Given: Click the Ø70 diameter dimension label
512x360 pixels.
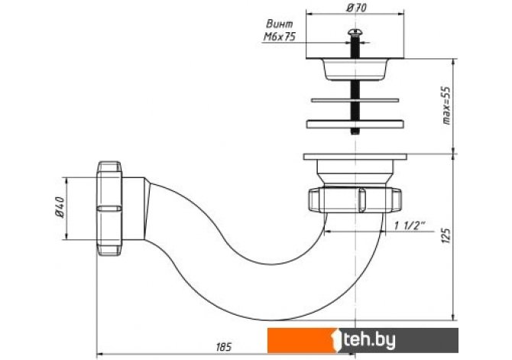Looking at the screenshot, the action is point(355,8).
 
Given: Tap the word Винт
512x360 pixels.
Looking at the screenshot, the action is point(280,24).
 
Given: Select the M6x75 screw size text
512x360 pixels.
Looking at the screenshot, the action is point(279,37).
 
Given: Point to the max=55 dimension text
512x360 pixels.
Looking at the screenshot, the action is point(446,105).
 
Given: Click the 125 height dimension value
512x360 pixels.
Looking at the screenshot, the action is point(446,235).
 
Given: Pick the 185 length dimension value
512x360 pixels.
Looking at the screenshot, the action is point(224,346).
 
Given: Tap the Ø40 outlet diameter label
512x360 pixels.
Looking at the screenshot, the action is point(60,207).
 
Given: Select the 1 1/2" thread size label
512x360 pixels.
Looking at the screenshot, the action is point(410,225).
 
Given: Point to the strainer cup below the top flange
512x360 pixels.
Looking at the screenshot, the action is point(355,70).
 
